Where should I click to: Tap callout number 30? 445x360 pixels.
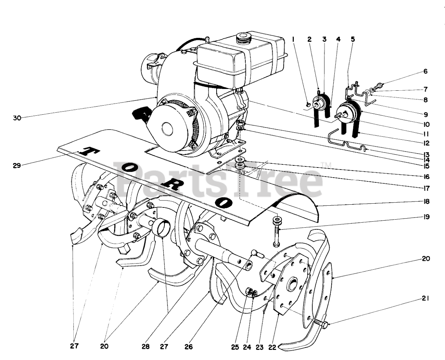(x=17, y=118)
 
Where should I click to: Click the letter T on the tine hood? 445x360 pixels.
(x=87, y=152)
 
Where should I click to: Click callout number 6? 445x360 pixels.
(x=425, y=72)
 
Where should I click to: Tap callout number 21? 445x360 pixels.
(x=426, y=298)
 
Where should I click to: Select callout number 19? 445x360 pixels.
(x=426, y=217)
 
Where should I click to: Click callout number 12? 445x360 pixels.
(x=426, y=143)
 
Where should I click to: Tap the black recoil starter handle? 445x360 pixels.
(x=141, y=114)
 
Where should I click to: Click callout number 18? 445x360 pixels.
(x=426, y=202)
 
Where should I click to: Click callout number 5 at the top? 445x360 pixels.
(x=353, y=39)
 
